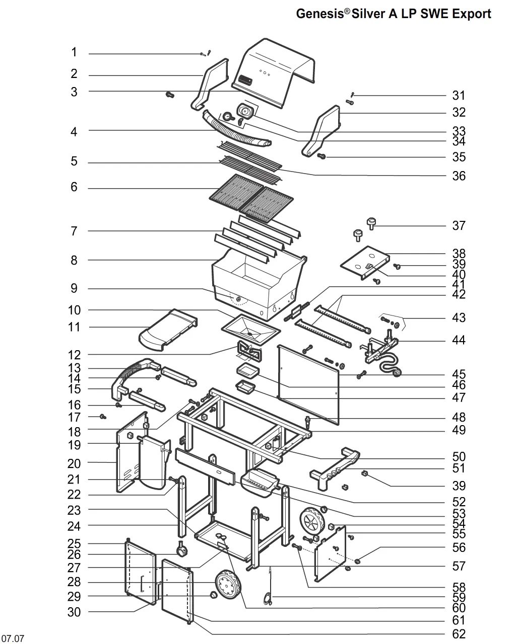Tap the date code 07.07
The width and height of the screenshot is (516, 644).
click(x=13, y=639)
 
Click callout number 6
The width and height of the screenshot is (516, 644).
click(x=74, y=187)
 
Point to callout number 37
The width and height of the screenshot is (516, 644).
click(x=459, y=225)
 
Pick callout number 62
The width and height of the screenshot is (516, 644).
click(x=459, y=634)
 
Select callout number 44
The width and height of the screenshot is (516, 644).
click(x=459, y=340)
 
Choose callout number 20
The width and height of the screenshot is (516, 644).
click(x=74, y=463)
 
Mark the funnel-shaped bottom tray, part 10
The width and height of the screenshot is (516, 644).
click(x=250, y=330)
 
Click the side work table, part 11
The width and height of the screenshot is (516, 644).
click(x=166, y=330)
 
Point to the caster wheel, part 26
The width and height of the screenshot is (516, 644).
click(x=180, y=551)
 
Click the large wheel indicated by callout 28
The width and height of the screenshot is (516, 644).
click(x=227, y=585)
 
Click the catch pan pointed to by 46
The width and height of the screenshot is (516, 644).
click(x=247, y=371)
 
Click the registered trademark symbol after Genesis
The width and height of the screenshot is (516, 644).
click(x=347, y=10)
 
